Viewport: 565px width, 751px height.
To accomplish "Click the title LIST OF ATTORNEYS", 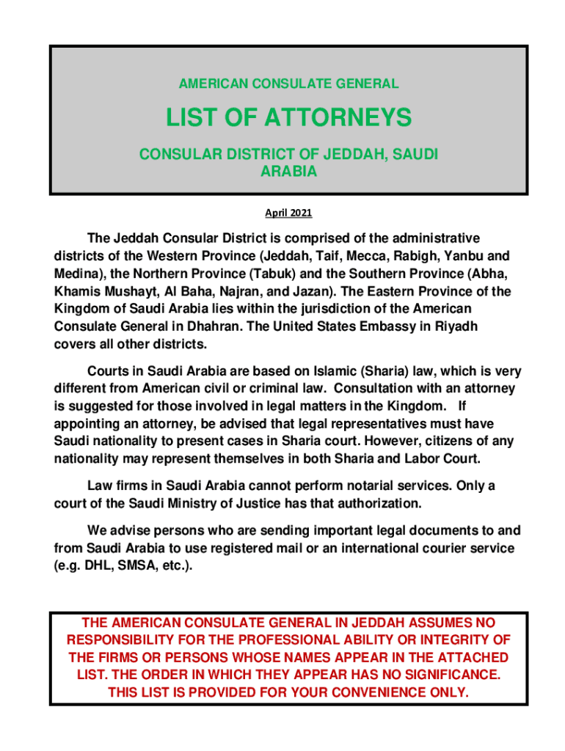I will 288,117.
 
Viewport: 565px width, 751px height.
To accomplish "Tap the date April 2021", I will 288,213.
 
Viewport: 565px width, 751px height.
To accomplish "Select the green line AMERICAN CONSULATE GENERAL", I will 288,84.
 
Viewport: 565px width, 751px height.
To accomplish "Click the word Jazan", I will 301,291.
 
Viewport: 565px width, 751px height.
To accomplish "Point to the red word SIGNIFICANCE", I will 442,674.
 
